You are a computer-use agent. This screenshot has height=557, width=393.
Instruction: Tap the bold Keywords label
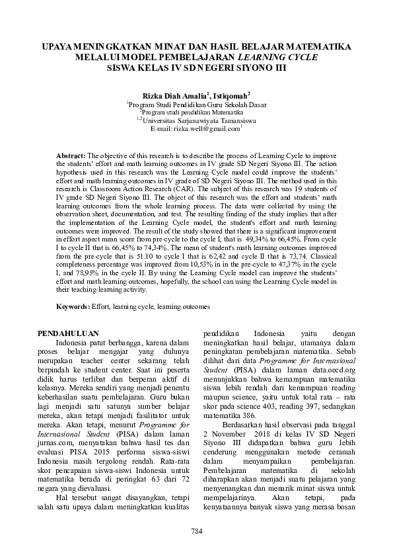coord(73,307)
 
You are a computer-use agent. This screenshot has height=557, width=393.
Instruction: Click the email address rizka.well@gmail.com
coord(205,128)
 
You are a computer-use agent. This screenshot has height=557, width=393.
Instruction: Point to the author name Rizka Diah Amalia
coord(170,96)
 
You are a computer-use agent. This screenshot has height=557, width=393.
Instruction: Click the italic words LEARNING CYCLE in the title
coord(285,57)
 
